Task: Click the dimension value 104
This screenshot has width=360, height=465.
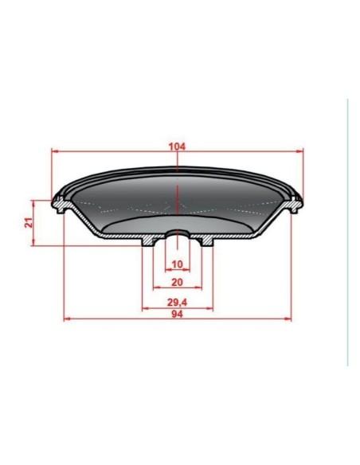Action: (177, 147)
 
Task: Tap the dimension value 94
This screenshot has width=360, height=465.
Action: (177, 314)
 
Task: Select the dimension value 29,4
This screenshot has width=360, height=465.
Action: (178, 303)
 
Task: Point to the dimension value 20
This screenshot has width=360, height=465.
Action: (178, 283)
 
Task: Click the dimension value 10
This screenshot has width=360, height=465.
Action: (178, 264)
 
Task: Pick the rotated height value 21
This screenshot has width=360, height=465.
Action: (29, 222)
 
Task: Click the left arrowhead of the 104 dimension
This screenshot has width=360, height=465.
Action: (55, 151)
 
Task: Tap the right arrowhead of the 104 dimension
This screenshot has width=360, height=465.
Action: (300, 151)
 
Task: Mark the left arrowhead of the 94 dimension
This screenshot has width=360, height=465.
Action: (68, 318)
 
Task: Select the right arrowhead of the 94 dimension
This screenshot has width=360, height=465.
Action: (288, 318)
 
